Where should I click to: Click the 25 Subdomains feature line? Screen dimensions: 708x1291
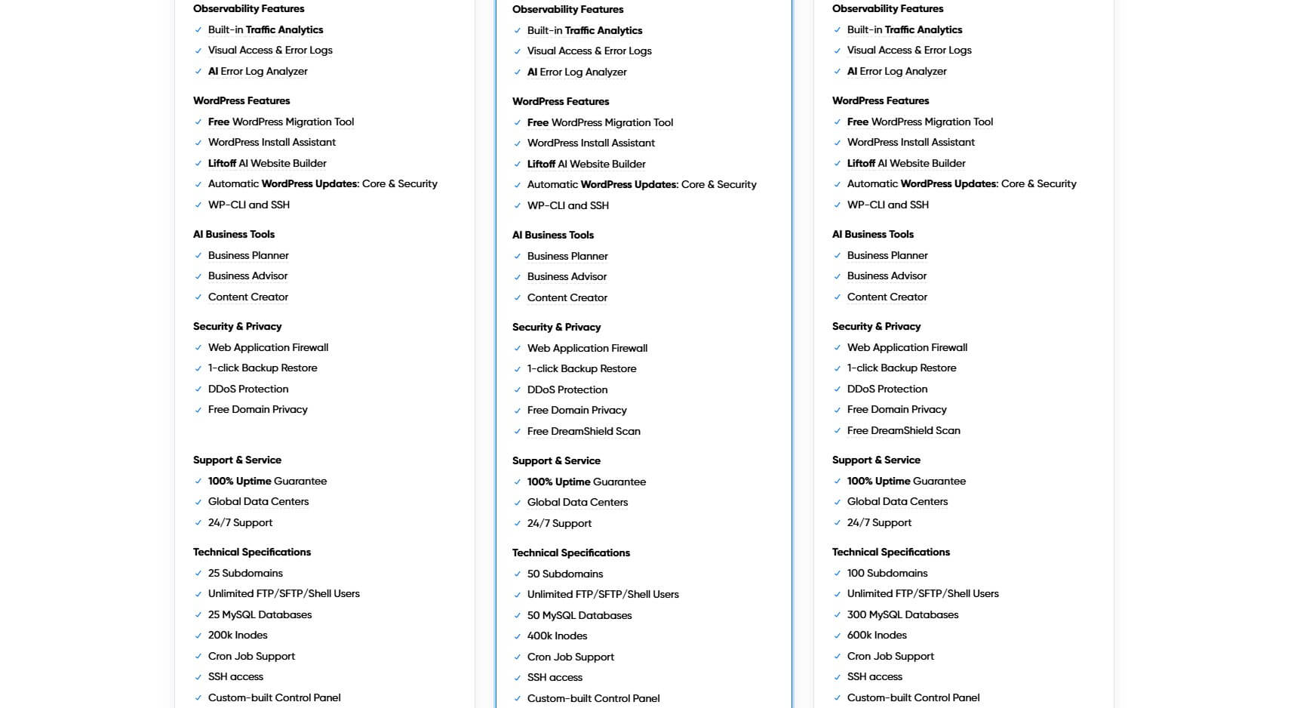click(x=245, y=573)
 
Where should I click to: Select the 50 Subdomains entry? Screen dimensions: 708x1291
click(x=565, y=574)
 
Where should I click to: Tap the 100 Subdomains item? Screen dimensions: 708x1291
click(x=887, y=573)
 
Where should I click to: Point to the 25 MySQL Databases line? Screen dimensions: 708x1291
click(x=260, y=614)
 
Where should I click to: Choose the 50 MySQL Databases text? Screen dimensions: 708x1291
click(x=579, y=615)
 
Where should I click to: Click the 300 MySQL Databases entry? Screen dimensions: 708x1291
click(x=902, y=614)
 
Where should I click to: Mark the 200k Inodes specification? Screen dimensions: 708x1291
click(x=238, y=635)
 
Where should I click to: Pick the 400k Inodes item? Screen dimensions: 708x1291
click(x=557, y=636)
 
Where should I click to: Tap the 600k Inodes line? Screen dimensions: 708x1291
click(x=877, y=635)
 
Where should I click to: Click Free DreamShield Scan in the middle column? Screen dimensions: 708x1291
click(x=583, y=431)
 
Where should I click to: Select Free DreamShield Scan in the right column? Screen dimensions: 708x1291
click(x=903, y=430)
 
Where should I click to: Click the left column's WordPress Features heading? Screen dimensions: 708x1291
click(x=241, y=100)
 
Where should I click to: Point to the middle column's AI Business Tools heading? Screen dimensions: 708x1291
click(x=553, y=235)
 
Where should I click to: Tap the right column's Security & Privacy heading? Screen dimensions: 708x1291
click(x=876, y=326)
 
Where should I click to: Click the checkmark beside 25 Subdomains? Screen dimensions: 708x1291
click(x=198, y=573)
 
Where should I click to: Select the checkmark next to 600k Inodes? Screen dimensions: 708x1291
click(x=838, y=636)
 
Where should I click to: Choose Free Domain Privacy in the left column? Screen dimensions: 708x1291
click(x=257, y=409)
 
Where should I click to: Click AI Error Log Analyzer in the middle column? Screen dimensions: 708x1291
click(x=576, y=72)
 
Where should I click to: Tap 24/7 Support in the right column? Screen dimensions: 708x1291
click(x=879, y=522)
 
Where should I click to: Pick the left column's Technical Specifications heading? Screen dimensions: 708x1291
click(x=252, y=552)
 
